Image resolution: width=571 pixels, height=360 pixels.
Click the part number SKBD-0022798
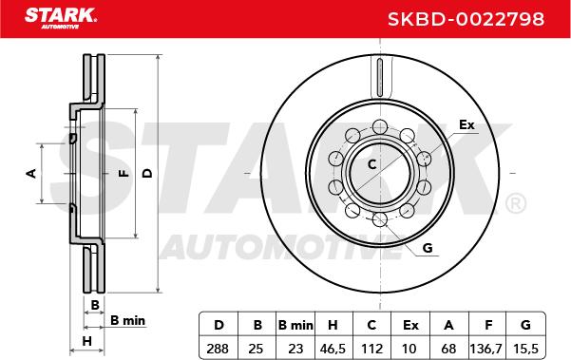click(x=466, y=19)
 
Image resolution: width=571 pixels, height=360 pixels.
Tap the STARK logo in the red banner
click(x=61, y=18)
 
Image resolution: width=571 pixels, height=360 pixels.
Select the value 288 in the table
click(x=218, y=349)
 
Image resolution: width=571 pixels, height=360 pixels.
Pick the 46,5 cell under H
click(x=333, y=349)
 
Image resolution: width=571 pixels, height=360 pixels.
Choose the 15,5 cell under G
click(x=525, y=349)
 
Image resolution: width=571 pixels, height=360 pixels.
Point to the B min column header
click(x=295, y=325)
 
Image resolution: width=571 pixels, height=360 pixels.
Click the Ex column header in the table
click(x=410, y=325)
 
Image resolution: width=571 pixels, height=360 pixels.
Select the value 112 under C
click(x=371, y=349)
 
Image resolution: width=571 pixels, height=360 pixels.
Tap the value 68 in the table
click(x=448, y=349)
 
